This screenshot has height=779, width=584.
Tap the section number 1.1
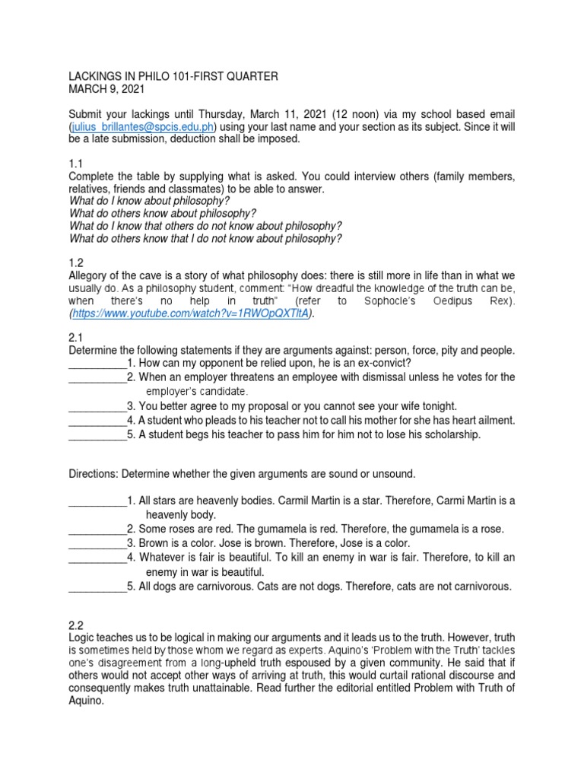pos(76,163)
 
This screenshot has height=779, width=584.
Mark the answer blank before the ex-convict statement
pos(97,364)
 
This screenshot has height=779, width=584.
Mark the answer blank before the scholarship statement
pos(97,434)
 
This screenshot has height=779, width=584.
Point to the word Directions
pos(95,474)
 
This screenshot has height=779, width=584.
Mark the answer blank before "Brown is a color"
pos(97,543)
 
